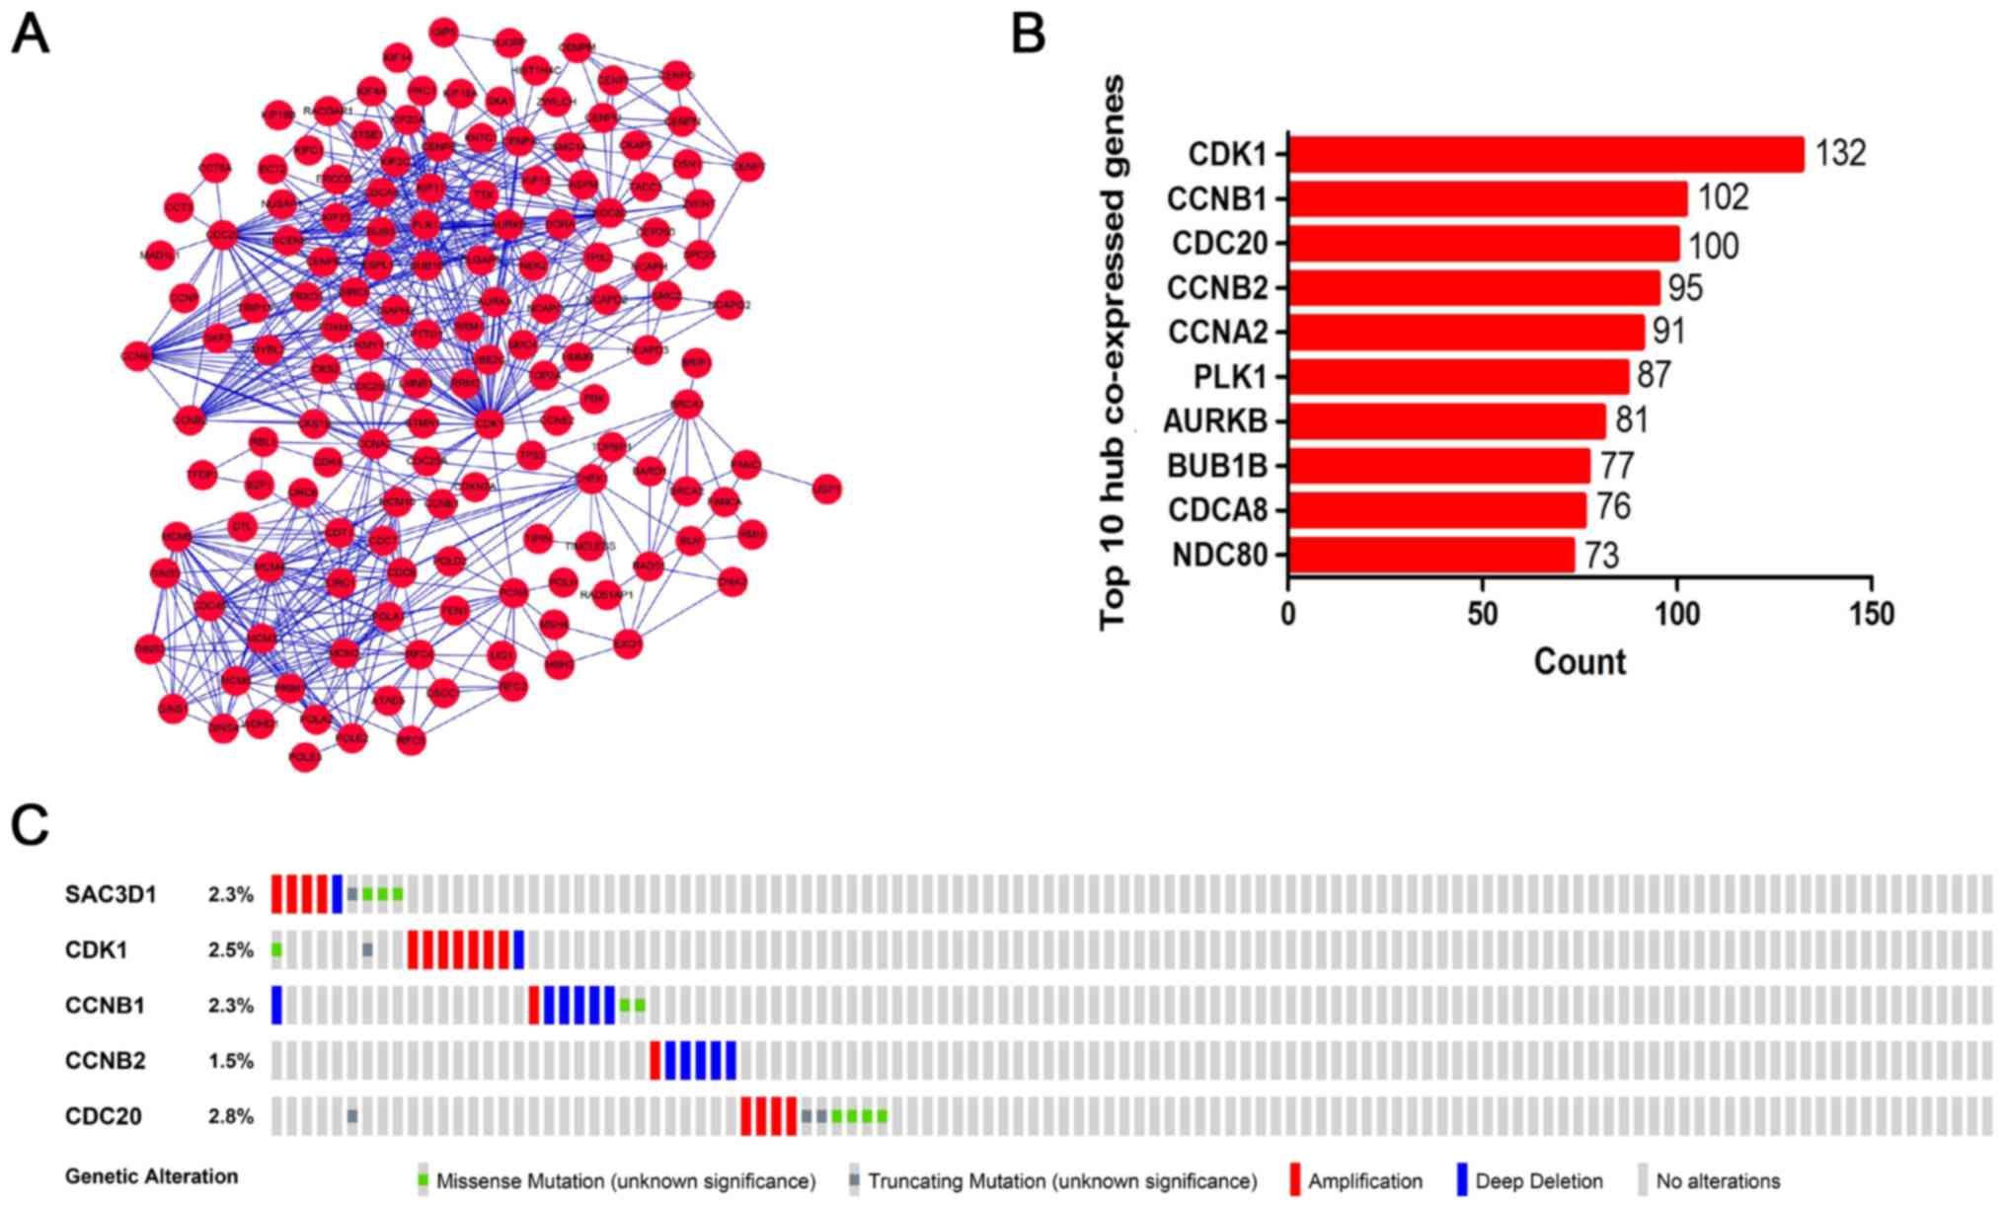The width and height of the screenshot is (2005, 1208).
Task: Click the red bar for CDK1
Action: click(1545, 154)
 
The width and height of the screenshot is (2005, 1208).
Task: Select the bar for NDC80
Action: click(1430, 555)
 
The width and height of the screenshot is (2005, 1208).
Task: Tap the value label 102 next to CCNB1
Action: click(1723, 198)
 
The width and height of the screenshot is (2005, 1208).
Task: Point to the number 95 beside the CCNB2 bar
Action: click(1685, 288)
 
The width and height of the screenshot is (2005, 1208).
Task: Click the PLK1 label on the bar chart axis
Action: click(1229, 377)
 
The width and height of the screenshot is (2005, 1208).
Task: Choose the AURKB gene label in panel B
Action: click(1215, 421)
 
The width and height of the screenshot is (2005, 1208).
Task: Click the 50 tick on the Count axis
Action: click(1482, 614)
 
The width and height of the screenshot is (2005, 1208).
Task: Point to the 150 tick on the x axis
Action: click(1871, 614)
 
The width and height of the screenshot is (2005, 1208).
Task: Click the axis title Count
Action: click(1580, 661)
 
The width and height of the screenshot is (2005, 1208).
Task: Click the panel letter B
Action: click(1029, 35)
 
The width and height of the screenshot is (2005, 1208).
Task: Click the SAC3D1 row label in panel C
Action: click(111, 895)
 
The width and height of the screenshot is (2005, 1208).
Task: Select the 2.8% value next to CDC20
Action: click(230, 1117)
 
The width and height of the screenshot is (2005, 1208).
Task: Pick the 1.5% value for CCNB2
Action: click(230, 1062)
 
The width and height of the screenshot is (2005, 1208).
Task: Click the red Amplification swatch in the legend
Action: click(1294, 1180)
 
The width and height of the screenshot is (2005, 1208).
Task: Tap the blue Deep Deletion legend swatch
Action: click(1461, 1180)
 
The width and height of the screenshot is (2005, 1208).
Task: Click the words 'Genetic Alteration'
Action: click(151, 1176)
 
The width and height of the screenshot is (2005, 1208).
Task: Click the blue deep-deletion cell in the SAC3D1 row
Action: click(337, 894)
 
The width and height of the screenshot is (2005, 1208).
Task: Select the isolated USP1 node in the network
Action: click(826, 489)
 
